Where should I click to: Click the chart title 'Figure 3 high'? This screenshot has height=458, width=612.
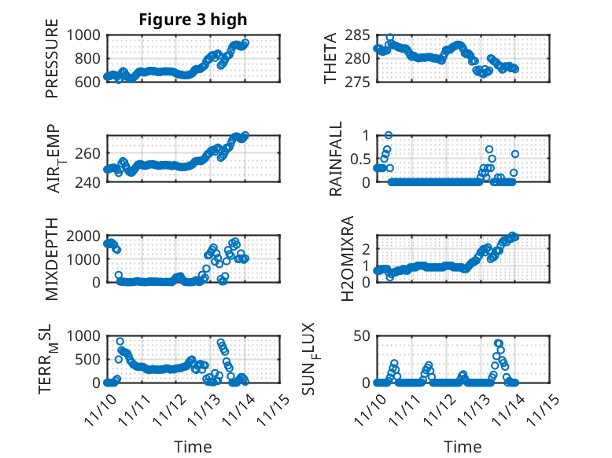193,19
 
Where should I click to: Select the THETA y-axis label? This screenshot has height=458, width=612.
330,59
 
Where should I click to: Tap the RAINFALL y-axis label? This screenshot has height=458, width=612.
336,159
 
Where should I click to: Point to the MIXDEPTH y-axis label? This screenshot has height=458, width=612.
53,258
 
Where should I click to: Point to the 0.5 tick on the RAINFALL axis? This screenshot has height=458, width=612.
359,159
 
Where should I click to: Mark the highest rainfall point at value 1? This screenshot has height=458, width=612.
389,135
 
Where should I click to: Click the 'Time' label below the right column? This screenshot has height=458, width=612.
463,447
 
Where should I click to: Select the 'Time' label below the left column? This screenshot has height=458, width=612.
193,447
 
